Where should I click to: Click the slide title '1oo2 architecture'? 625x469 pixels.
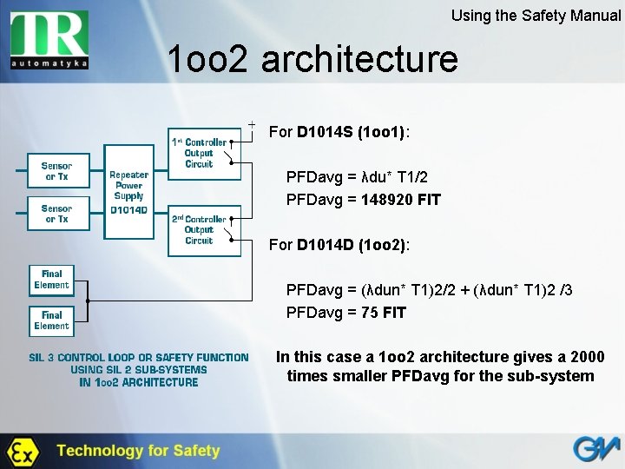(x=312, y=59)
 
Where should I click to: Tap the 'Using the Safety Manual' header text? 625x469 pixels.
(x=536, y=16)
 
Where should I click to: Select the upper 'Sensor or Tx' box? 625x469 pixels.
(x=56, y=171)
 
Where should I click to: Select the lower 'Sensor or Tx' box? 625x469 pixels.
(x=56, y=214)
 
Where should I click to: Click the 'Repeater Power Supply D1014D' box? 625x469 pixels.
(x=128, y=191)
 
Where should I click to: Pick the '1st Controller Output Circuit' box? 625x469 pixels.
(x=204, y=153)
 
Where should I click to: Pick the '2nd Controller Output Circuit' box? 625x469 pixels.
(x=204, y=230)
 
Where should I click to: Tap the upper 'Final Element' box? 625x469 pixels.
(x=52, y=280)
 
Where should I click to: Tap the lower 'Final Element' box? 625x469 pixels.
(x=52, y=320)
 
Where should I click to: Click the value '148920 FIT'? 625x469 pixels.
(x=401, y=200)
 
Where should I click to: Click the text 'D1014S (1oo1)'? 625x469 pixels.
(x=352, y=133)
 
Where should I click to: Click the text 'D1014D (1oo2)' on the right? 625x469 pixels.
(x=352, y=245)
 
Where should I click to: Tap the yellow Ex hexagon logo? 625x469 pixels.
(x=21, y=451)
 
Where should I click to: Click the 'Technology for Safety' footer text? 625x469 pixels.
(x=138, y=451)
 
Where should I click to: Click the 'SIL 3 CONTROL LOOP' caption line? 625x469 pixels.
(x=138, y=357)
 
